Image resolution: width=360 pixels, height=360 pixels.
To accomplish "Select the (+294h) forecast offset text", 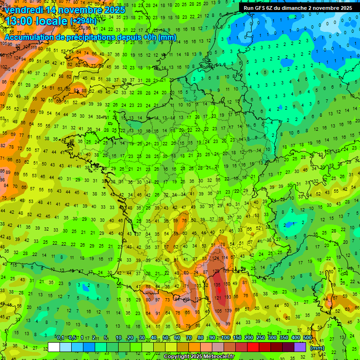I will point(83,22).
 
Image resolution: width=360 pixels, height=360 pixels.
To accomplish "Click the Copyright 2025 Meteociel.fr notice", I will point(199,356).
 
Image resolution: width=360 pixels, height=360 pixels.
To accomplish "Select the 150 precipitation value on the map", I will point(227,284).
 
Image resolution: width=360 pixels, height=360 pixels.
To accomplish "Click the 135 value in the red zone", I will point(217,285).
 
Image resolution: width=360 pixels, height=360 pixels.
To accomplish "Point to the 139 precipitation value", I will point(228,311).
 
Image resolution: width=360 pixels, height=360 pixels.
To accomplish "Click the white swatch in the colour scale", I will point(54,347).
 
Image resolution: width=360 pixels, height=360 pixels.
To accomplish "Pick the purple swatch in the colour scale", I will point(300,347).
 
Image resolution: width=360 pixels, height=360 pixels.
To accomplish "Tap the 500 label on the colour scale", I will point(307,338).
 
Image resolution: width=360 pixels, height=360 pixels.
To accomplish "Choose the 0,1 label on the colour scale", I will point(60,338).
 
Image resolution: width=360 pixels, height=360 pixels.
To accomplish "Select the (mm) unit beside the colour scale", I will point(317,348).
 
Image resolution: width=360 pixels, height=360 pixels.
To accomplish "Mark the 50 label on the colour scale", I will point(165,338).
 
